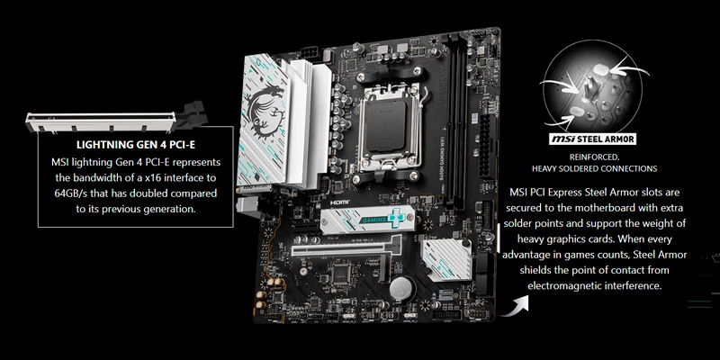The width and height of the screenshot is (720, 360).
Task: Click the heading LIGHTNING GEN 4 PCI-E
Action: pyautogui.click(x=136, y=145)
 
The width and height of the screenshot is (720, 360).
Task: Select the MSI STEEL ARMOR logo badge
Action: pyautogui.click(x=592, y=139)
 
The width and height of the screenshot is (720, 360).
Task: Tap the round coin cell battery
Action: pyautogui.click(x=400, y=289)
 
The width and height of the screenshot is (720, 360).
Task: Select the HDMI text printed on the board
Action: pyautogui.click(x=340, y=202)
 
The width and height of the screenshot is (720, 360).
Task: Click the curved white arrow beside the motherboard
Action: pyautogui.click(x=514, y=306)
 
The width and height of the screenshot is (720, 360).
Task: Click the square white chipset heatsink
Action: pyautogui.click(x=446, y=259)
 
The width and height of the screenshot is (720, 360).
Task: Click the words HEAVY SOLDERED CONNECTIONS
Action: pyautogui.click(x=594, y=169)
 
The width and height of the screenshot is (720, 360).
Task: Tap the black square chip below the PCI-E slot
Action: pyautogui.click(x=341, y=274)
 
